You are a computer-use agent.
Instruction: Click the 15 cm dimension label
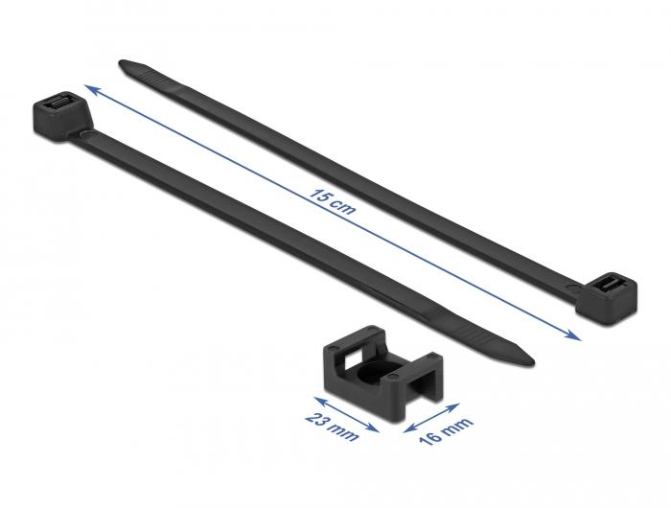click(333, 201)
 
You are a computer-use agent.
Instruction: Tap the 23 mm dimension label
click(332, 427)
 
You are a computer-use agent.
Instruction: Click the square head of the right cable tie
click(607, 298)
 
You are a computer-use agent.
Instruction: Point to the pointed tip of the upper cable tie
click(120, 64)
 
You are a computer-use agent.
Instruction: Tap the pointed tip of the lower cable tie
click(532, 362)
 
